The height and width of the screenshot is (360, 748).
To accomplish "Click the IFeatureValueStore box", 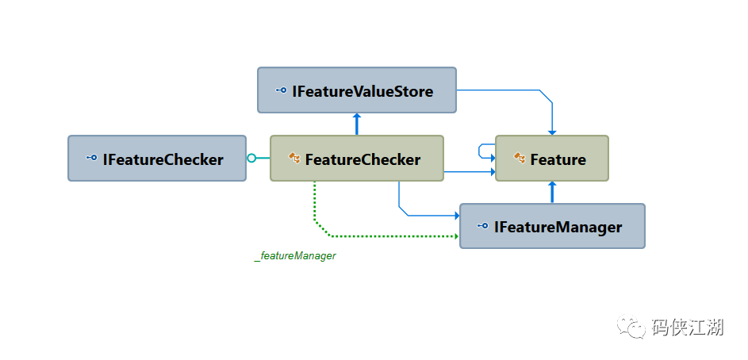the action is pyautogui.click(x=357, y=90).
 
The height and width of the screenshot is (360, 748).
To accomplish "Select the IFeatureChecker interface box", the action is pyautogui.click(x=157, y=159).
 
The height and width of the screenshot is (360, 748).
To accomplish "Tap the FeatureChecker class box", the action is pyautogui.click(x=357, y=159).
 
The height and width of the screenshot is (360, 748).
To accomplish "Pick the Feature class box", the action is pyautogui.click(x=552, y=159).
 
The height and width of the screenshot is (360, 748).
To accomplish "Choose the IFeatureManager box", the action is pyautogui.click(x=552, y=226).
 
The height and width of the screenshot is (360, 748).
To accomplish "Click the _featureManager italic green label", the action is pyautogui.click(x=295, y=256).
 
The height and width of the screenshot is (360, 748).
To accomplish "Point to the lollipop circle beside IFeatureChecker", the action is pyautogui.click(x=251, y=159).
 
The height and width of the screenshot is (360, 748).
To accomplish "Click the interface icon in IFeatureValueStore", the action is pyautogui.click(x=281, y=90).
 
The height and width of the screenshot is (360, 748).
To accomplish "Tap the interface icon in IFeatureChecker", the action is pyautogui.click(x=91, y=158).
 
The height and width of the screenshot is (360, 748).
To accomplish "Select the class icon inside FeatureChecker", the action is pyautogui.click(x=294, y=158).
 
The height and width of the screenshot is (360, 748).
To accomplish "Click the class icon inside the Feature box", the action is pyautogui.click(x=520, y=158).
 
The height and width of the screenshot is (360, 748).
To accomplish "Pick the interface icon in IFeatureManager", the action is pyautogui.click(x=483, y=225).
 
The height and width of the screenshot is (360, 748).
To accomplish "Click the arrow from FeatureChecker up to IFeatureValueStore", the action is pyautogui.click(x=356, y=124).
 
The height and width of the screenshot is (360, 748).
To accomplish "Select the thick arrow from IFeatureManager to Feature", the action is pyautogui.click(x=552, y=192).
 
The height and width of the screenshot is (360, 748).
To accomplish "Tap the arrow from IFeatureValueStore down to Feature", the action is pyautogui.click(x=539, y=90).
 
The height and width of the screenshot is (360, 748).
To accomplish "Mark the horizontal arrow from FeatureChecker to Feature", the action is pyautogui.click(x=470, y=172).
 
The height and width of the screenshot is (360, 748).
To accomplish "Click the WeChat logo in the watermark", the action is pyautogui.click(x=632, y=325).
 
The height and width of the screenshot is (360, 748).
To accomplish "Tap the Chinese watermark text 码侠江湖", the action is pyautogui.click(x=688, y=327).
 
